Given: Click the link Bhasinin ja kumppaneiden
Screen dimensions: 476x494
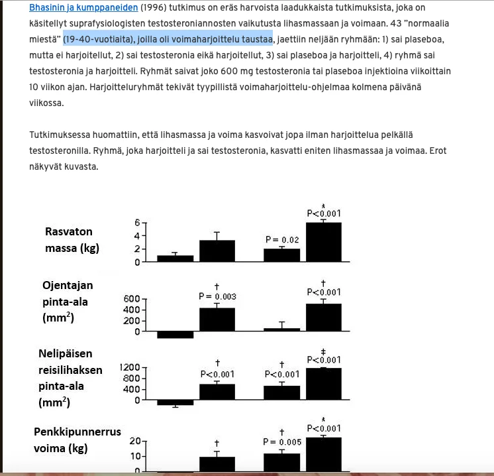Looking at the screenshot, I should click(83, 8).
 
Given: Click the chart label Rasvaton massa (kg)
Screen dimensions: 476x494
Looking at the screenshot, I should click(69, 240).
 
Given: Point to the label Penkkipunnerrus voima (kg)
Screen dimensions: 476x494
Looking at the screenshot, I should click(77, 440).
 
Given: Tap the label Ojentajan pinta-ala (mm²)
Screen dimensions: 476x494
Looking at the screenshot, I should click(69, 302).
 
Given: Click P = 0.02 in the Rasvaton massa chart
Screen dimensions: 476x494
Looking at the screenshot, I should click(281, 239).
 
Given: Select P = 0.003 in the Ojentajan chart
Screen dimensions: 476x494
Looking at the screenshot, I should click(217, 296).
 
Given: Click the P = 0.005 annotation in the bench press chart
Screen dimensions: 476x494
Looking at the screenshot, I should click(281, 442).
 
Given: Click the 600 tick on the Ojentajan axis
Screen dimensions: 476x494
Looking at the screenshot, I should click(131, 299).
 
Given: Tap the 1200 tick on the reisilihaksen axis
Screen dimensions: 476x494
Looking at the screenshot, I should click(130, 367).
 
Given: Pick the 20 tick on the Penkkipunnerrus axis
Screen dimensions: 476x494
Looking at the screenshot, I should click(134, 442).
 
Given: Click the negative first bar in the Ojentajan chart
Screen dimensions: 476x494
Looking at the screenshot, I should click(175, 334).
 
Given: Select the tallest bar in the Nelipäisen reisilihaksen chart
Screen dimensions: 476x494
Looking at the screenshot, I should click(323, 383).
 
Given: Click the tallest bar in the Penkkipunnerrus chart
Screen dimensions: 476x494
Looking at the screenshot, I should click(323, 454).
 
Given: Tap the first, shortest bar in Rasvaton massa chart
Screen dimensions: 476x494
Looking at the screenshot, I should click(175, 258).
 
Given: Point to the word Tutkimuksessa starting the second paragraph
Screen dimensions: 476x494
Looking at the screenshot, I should click(60, 135).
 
